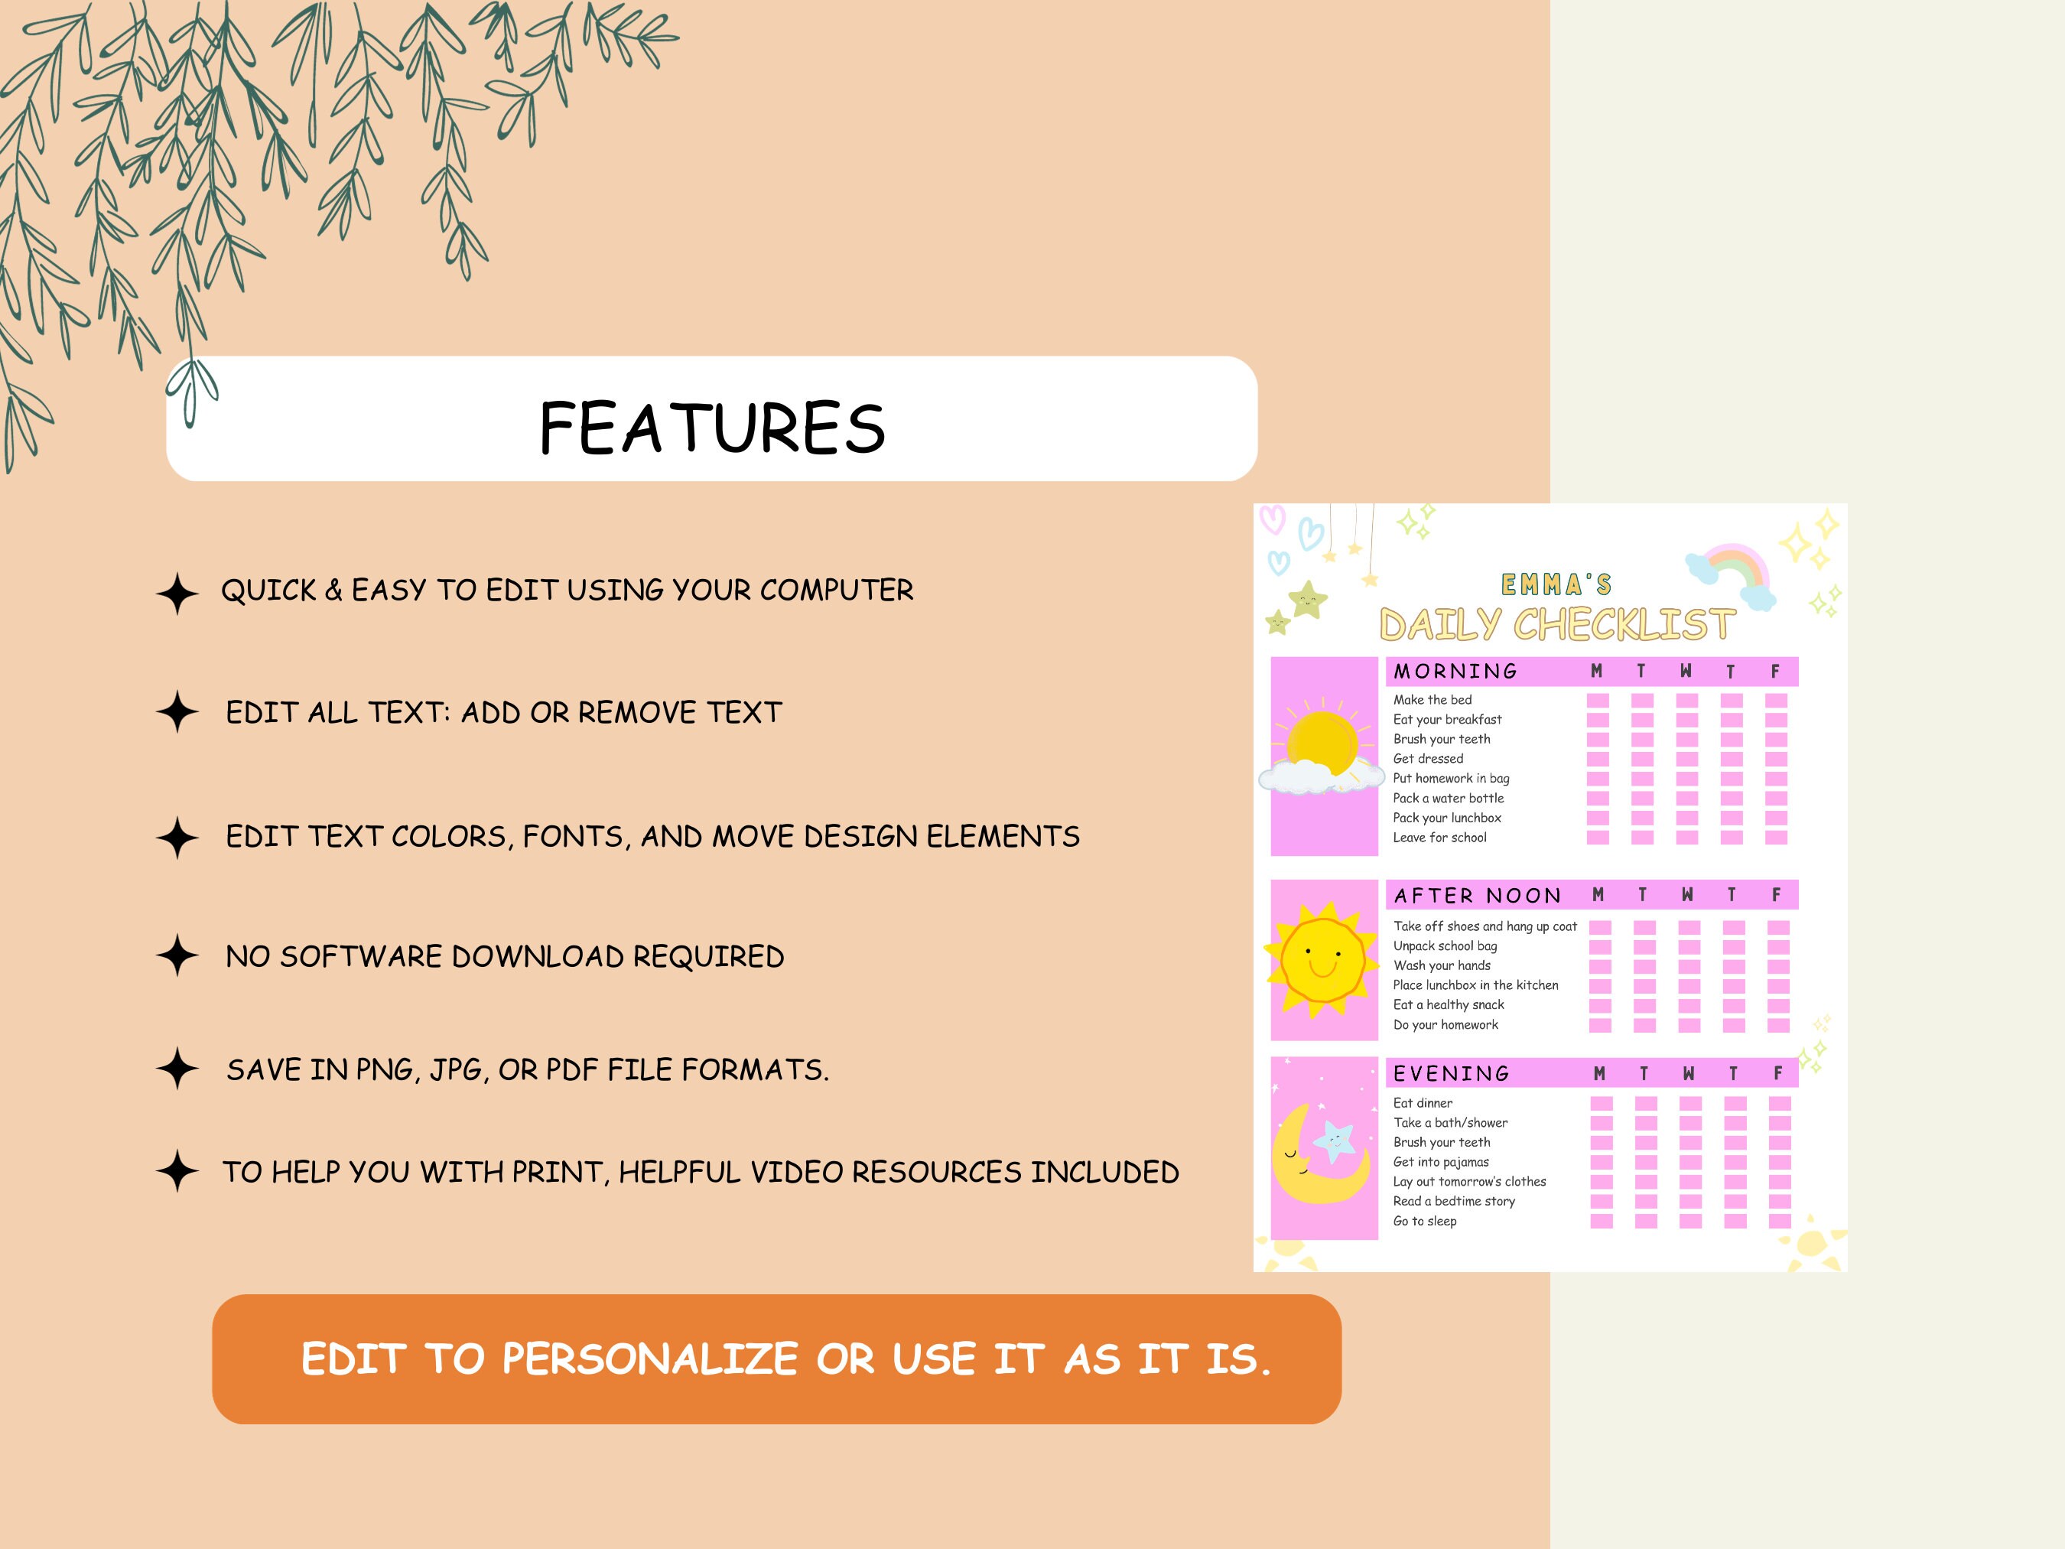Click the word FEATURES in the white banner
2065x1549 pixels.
[x=711, y=428]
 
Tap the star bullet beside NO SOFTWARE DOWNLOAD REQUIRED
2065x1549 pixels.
[x=177, y=956]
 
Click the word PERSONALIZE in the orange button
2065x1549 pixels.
[x=650, y=1359]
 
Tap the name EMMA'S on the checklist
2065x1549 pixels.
[x=1556, y=585]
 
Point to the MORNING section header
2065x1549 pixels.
[x=1455, y=672]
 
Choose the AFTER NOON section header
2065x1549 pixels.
[x=1477, y=896]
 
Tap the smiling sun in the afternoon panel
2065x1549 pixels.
[x=1322, y=959]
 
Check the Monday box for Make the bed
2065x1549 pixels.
[x=1598, y=700]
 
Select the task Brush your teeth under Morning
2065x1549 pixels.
[x=1442, y=740]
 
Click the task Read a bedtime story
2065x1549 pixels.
[x=1453, y=1202]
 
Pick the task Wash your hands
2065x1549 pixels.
[x=1442, y=965]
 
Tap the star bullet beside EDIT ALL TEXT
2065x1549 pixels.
[x=177, y=712]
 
